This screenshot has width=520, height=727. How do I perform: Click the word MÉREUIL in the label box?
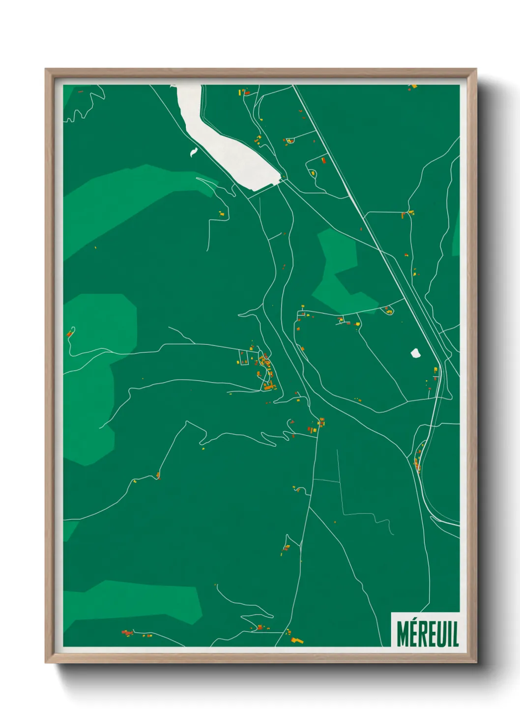coord(427,634)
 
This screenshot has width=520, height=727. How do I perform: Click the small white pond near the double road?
coord(415,353)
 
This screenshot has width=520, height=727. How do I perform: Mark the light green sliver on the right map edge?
coord(456,236)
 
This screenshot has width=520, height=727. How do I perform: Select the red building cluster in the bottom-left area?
coord(127,633)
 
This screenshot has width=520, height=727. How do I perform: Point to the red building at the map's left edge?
coord(69,334)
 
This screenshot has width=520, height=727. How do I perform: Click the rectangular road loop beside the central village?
coord(243,357)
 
